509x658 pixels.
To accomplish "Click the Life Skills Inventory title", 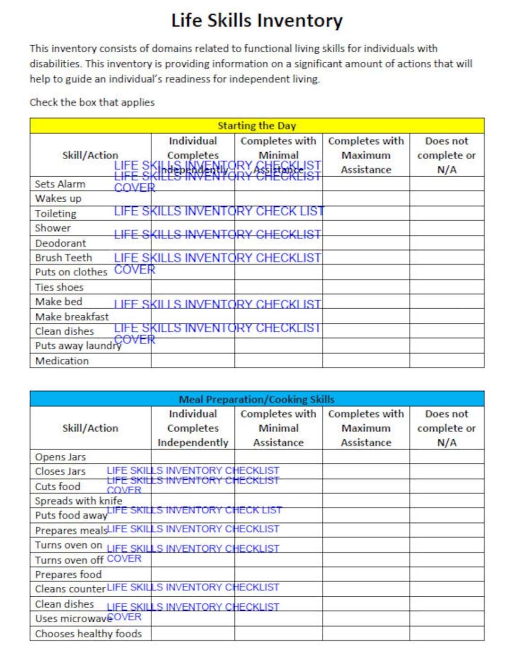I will [257, 21].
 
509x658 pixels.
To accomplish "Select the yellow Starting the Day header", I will [257, 126].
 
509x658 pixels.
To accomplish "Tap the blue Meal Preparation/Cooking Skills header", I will [257, 399].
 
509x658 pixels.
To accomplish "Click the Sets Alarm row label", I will [60, 184].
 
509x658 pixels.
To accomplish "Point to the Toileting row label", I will [56, 214].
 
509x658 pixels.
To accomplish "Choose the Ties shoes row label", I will [59, 287].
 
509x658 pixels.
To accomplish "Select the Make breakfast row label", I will [72, 317].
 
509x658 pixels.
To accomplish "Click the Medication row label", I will [62, 361].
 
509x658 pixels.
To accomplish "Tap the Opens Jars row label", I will [60, 457].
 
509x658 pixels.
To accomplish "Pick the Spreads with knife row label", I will [78, 501].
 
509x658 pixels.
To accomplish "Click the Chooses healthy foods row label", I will [88, 633].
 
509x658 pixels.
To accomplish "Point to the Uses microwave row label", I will [71, 618].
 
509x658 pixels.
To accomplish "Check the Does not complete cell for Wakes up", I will [446, 198].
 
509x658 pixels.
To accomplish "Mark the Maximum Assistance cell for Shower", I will [366, 228].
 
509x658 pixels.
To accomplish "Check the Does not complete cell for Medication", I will [446, 361].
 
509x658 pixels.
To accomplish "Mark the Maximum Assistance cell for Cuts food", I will [366, 486].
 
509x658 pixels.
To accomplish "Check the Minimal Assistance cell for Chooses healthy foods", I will [278, 633].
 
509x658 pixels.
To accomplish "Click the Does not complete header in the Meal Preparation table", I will [446, 428].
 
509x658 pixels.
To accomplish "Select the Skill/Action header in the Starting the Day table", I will [90, 155].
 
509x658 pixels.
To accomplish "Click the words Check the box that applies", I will [92, 102].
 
